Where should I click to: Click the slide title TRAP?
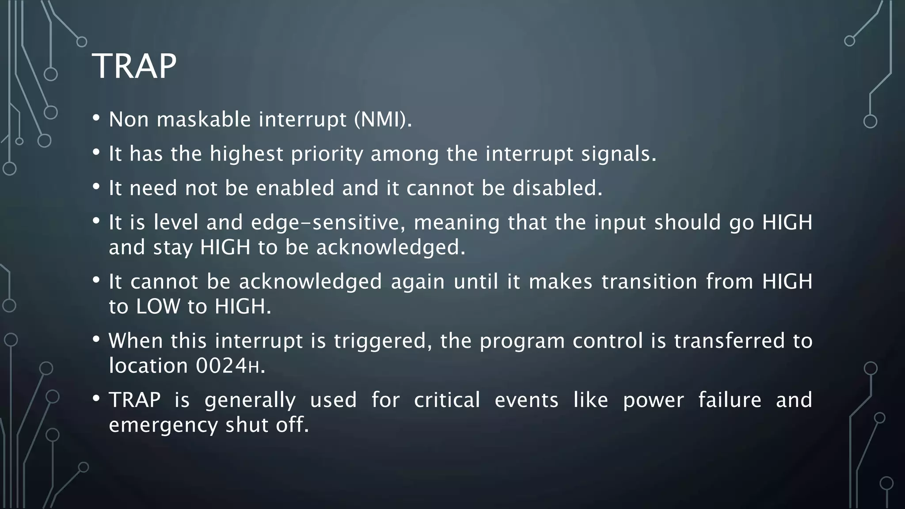pyautogui.click(x=134, y=66)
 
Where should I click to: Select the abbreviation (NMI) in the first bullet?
pyautogui.click(x=383, y=119)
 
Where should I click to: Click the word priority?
pyautogui.click(x=327, y=154)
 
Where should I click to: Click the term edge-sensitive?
pyautogui.click(x=328, y=222)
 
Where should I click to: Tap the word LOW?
pyautogui.click(x=158, y=307)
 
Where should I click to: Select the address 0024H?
pyautogui.click(x=230, y=366)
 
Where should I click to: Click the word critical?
pyautogui.click(x=447, y=400)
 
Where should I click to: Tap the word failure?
pyautogui.click(x=730, y=400)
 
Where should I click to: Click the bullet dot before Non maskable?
pyautogui.click(x=96, y=118)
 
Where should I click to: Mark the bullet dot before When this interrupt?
pyautogui.click(x=96, y=339)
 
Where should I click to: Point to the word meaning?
pyautogui.click(x=456, y=222)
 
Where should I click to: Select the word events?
pyautogui.click(x=526, y=400)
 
